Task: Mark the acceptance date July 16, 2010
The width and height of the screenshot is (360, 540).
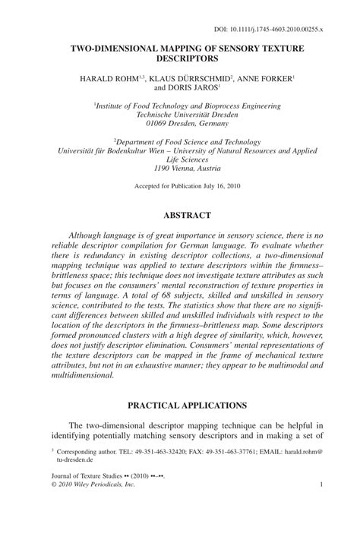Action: (x=211, y=186)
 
